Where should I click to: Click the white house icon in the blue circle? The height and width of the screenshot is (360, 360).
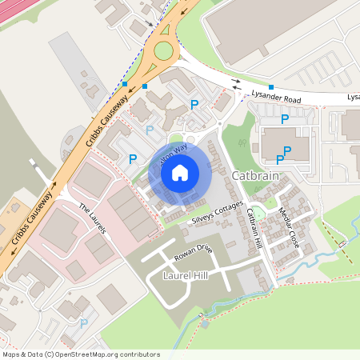[x=180, y=172]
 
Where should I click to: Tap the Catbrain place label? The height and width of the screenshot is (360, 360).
[x=254, y=175]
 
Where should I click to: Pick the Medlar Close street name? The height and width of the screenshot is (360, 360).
[x=288, y=227]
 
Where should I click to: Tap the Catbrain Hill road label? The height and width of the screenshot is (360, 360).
[x=254, y=228]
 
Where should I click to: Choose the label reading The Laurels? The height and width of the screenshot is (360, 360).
[x=92, y=218]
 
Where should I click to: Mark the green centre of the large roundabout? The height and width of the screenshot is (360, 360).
[x=163, y=51]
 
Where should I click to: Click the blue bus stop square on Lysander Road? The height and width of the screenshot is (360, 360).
[x=271, y=86]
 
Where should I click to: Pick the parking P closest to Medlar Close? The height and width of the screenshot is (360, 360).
[x=280, y=160]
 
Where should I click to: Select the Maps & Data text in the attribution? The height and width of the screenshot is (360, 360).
[x=22, y=354]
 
